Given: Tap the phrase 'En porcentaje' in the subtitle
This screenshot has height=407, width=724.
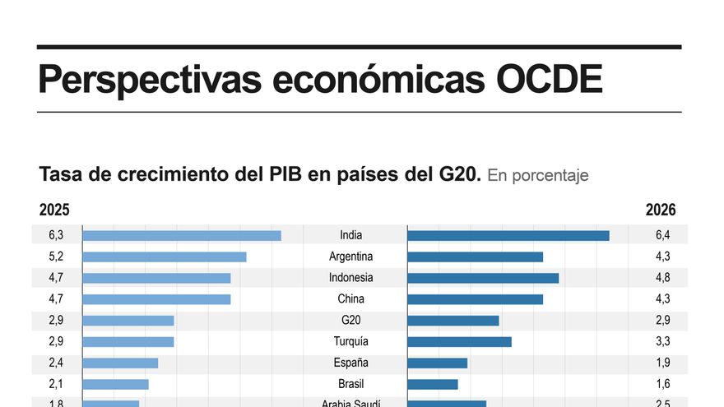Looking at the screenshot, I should click(x=538, y=176).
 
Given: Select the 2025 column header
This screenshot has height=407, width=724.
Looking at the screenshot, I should click(x=54, y=210).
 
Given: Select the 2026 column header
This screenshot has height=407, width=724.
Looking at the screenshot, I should click(x=660, y=210).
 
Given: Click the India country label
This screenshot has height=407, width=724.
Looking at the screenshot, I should click(x=350, y=235).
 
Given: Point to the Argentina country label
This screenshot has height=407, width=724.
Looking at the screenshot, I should click(x=350, y=257).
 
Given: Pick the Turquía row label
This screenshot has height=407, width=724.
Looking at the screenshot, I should click(x=350, y=341).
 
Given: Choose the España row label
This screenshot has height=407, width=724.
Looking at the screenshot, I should click(x=350, y=363).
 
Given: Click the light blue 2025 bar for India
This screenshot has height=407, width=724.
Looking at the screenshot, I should click(x=182, y=235).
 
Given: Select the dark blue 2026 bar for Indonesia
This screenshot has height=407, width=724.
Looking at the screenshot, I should click(x=483, y=278).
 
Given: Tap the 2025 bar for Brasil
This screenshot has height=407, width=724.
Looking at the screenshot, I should click(x=115, y=384).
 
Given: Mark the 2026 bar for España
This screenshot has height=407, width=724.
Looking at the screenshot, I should click(x=437, y=363).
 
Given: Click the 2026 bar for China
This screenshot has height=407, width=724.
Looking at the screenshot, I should click(x=475, y=299).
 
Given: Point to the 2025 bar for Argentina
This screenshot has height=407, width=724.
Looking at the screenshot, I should click(x=165, y=257).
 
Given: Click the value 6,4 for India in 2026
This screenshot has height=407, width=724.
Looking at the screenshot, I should click(x=663, y=235).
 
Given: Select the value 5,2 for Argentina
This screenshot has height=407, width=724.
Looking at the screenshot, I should click(x=57, y=257).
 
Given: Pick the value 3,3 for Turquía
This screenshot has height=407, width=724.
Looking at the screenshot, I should click(x=663, y=341).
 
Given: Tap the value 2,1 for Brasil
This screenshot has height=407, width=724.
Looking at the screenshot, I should click(x=57, y=384).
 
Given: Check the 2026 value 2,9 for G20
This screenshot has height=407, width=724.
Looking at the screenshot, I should click(x=663, y=321).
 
